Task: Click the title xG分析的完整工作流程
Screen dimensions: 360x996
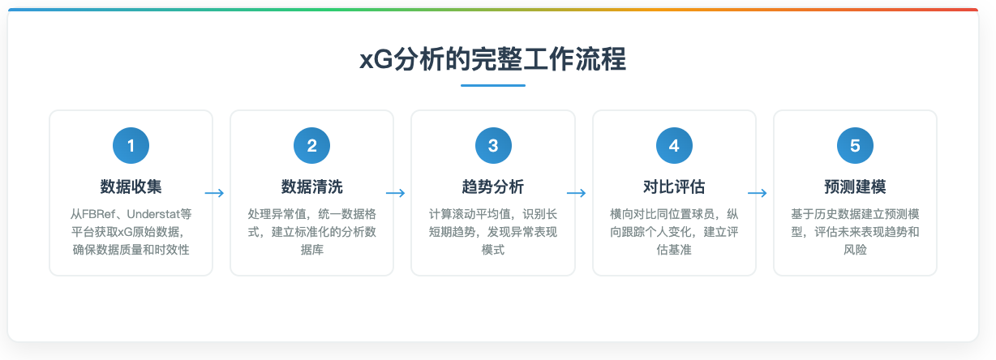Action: pos(492,61)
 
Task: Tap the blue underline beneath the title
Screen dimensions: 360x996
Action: pos(492,85)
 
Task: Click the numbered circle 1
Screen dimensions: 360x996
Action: pos(131,146)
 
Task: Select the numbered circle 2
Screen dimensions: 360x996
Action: pos(311,146)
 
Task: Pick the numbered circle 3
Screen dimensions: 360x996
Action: pos(493,146)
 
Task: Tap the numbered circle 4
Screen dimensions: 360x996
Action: pos(674,146)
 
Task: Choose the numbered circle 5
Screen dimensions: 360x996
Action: pos(855,146)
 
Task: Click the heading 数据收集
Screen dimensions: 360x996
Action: pos(131,186)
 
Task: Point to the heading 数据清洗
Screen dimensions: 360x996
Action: pos(311,186)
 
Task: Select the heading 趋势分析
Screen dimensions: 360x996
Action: pos(493,186)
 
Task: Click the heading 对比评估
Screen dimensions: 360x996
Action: pos(674,186)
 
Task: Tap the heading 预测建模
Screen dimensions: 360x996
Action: pos(855,186)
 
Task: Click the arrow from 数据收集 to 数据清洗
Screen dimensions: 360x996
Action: pos(214,193)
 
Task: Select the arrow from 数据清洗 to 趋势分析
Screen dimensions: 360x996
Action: pos(395,193)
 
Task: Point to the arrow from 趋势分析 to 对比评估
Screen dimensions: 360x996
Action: pos(576,193)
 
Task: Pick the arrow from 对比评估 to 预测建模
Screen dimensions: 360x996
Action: pos(757,193)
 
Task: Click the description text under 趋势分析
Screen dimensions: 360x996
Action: pos(493,232)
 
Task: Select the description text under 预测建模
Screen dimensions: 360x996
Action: pos(855,232)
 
